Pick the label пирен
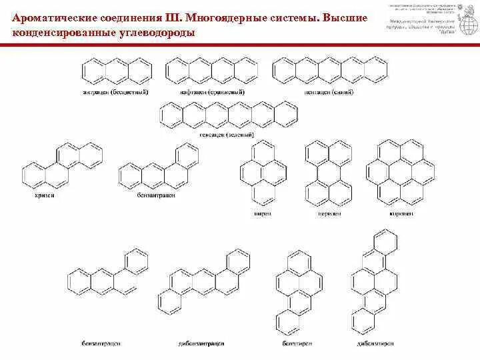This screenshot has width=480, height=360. (262, 213)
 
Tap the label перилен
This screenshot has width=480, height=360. (327, 213)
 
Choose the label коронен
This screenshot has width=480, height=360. (401, 213)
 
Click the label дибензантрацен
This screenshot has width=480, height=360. (201, 343)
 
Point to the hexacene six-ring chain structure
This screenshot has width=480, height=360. (229, 114)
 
